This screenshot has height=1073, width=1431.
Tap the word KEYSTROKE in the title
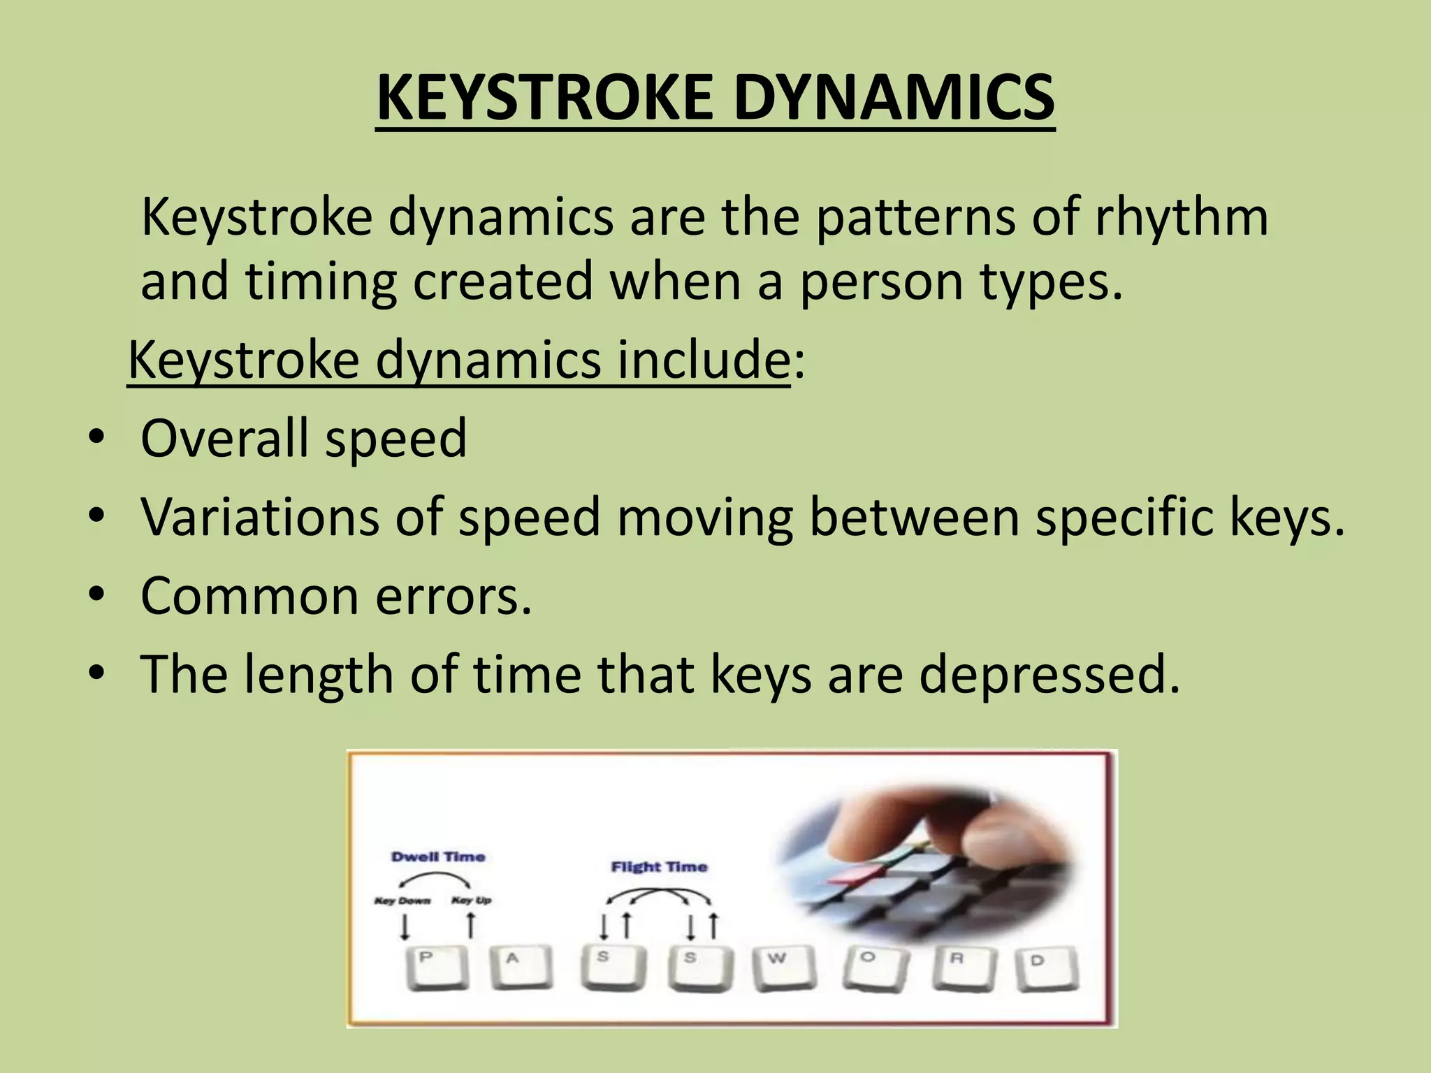point(542,98)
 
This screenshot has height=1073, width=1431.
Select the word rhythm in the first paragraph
point(1182,217)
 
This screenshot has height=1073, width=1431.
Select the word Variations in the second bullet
point(259,517)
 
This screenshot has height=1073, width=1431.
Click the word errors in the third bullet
point(454,596)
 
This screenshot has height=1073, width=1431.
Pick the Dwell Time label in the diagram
point(438,857)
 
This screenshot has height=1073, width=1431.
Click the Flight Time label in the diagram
point(659,867)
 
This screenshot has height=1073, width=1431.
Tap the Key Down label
point(402,900)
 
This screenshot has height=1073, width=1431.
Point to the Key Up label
point(472,900)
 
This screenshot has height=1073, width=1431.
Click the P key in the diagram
point(437,968)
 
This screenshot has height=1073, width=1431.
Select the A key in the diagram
point(520,968)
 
